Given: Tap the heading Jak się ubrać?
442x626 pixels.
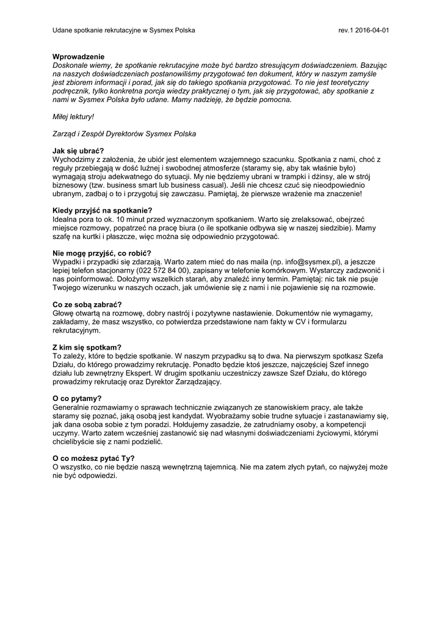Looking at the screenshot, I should coord(78,151).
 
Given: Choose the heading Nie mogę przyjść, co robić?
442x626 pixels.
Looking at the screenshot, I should coord(102,253).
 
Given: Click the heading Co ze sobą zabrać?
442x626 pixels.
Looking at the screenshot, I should coord(87,304).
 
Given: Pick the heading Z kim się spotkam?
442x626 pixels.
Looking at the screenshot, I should coord(87,347).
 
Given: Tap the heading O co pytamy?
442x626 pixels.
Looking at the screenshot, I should coord(77,398).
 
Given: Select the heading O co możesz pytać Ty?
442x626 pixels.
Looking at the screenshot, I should coord(94,458).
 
